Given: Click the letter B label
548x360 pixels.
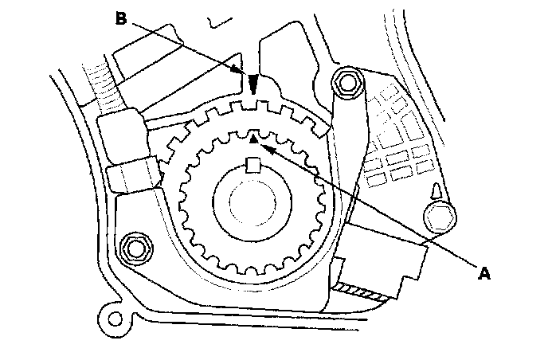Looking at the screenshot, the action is [x=121, y=18].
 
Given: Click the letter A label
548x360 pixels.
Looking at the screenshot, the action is [x=484, y=272].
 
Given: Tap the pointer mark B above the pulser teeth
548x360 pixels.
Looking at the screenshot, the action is [x=253, y=84].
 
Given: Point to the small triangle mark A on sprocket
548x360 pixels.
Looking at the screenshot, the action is [x=253, y=139].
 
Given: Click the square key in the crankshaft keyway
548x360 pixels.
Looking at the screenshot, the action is [x=252, y=165].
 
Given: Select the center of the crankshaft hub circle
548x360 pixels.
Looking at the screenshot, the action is [x=252, y=202].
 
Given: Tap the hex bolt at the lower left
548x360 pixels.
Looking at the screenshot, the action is [x=135, y=249].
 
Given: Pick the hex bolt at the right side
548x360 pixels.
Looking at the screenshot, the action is [x=440, y=218].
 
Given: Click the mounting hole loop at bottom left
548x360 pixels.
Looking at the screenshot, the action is [x=115, y=319].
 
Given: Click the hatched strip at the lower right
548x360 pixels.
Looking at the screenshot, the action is [x=360, y=292].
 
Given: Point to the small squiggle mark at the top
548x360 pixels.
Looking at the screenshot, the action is [x=219, y=23].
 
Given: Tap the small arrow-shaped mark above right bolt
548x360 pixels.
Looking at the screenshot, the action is [x=436, y=191].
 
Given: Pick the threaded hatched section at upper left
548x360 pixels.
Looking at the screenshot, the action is [x=102, y=86].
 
